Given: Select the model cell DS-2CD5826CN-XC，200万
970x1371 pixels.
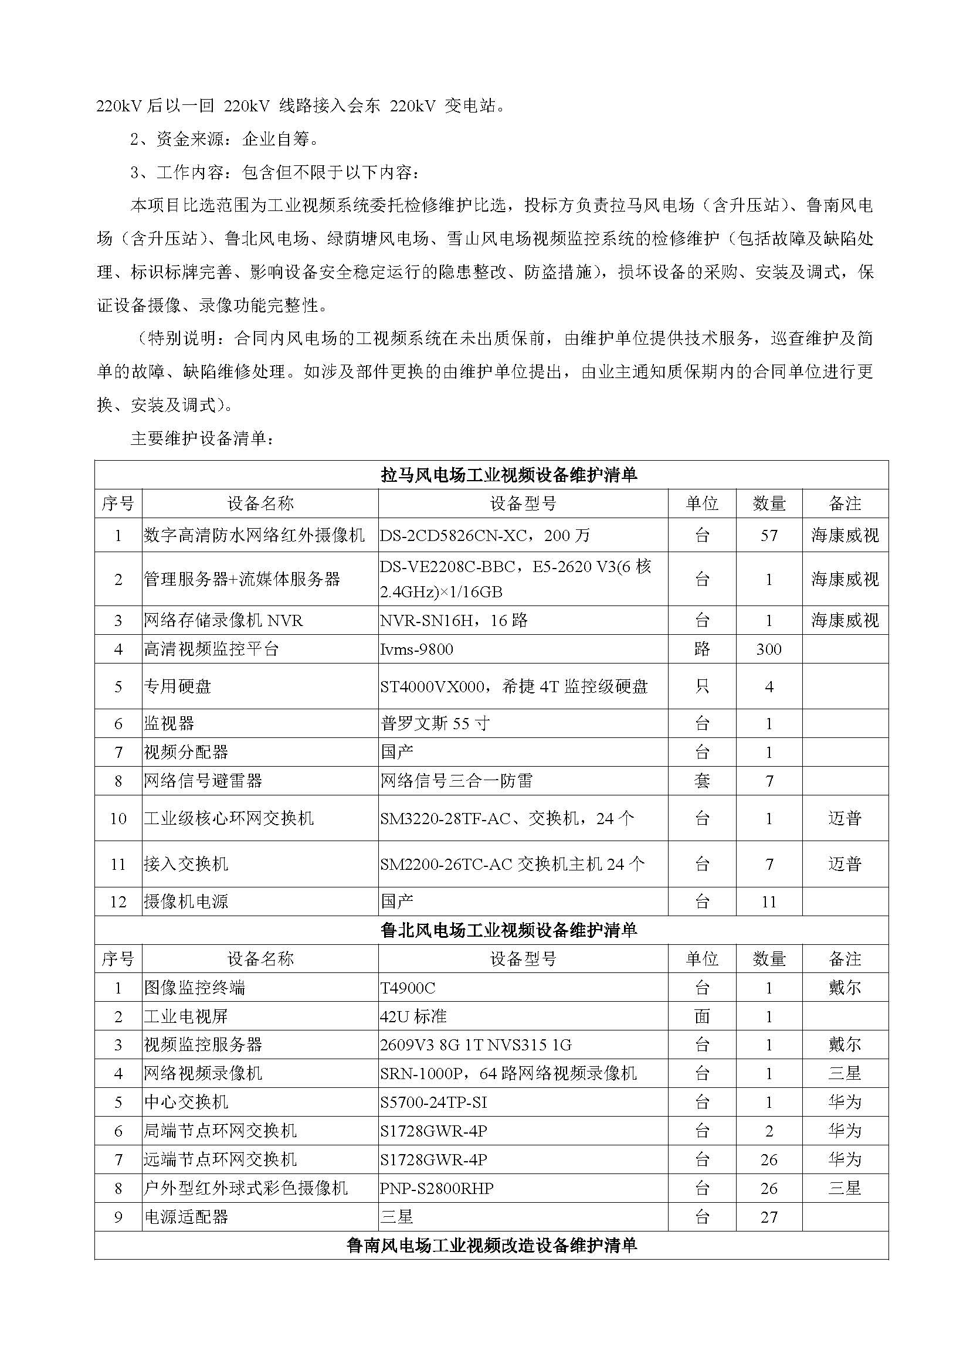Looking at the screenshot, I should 484,535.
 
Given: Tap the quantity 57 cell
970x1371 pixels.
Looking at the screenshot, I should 768,535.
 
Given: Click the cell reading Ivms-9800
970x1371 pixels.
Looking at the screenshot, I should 416,649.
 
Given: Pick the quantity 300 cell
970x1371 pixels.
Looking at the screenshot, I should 768,649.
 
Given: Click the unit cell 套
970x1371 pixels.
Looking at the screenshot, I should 702,781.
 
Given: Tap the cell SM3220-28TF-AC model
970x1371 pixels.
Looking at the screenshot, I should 507,818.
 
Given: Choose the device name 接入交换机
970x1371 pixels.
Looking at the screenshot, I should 186,864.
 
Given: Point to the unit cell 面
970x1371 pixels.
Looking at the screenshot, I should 702,1016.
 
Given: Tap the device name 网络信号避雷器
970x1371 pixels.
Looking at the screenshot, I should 203,781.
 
